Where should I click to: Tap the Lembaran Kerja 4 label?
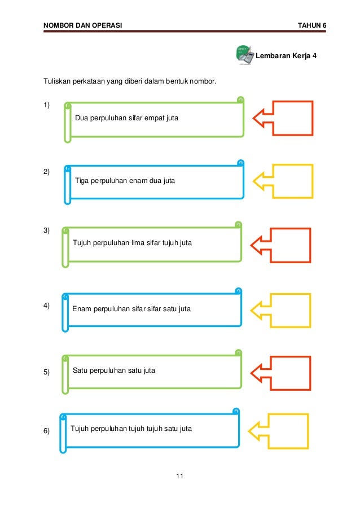pos(287,56)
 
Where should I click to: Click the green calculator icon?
pos(243,55)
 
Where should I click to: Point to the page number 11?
pos(179,477)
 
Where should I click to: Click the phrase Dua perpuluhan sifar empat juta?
pos(126,119)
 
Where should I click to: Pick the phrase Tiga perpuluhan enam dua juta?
pos(125,181)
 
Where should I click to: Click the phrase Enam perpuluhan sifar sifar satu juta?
pos(131,309)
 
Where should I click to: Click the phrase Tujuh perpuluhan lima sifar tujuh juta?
pos(133,243)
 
